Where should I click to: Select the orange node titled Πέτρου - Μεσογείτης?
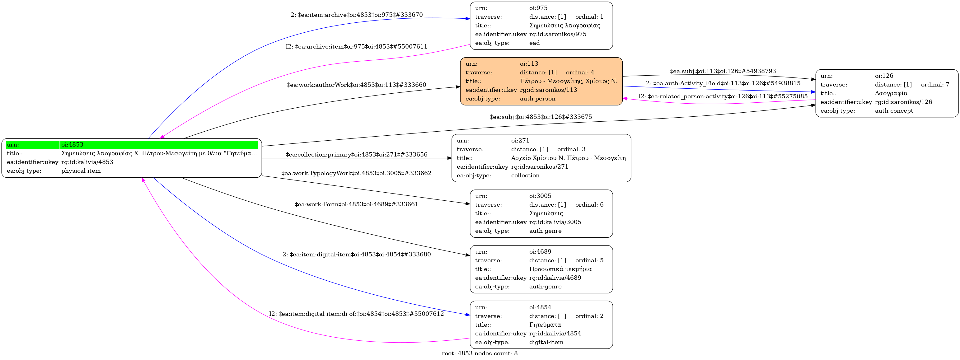coord(541,81)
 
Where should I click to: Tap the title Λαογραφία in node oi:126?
coord(891,93)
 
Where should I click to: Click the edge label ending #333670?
coord(357,15)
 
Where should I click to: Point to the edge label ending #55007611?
coord(356,47)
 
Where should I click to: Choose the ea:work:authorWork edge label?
coord(356,85)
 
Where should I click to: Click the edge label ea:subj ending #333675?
coord(541,117)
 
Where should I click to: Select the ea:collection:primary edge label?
coord(356,155)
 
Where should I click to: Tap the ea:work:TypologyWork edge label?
coord(356,173)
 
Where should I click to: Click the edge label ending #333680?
coord(356,255)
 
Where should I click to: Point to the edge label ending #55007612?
coord(356,314)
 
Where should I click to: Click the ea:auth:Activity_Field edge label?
coord(723,83)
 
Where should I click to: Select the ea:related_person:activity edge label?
coord(723,96)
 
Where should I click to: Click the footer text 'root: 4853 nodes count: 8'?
coord(480,353)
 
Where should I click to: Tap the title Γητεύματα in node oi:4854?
coord(545,325)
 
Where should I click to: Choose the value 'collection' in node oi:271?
coord(525,175)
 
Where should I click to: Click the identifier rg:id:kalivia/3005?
coord(555,222)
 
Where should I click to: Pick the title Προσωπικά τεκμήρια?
coord(560,269)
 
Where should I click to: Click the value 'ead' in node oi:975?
coord(534,43)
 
